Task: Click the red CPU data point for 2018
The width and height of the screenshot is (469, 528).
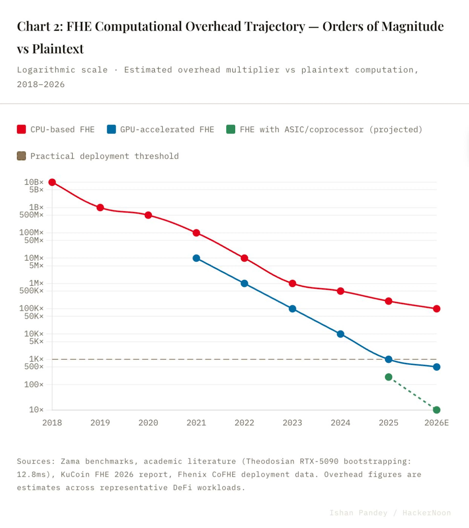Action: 52,182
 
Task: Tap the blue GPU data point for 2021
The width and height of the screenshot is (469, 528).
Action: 196,258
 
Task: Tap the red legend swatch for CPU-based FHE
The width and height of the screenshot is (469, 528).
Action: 21,129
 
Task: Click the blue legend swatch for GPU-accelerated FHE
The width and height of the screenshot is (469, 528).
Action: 111,129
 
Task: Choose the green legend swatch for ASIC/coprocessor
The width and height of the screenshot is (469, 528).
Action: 231,129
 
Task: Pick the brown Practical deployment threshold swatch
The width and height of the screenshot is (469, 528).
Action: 21,156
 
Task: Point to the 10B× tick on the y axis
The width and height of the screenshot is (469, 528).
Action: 34,182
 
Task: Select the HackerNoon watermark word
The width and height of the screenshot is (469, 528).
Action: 427,513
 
